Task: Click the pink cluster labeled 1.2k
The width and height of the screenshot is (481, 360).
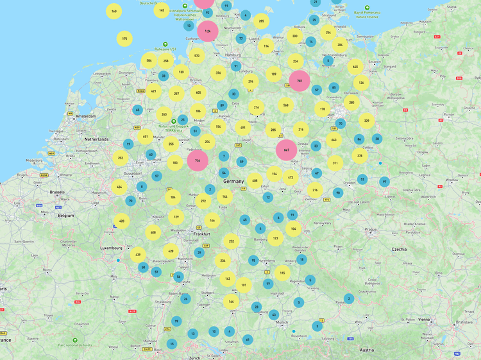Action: (207, 30)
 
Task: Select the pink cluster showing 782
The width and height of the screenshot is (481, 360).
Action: (300, 81)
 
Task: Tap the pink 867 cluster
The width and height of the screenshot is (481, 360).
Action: (287, 150)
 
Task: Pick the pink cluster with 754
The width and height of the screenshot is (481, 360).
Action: (198, 160)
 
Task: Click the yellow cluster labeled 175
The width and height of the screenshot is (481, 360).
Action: (124, 39)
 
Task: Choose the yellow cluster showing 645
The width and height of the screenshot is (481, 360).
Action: (355, 66)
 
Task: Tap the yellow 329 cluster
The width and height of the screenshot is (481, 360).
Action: (366, 120)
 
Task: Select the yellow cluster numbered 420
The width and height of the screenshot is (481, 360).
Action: (121, 221)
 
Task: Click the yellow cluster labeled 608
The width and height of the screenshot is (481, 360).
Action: (153, 232)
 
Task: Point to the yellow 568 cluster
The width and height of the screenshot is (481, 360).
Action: (285, 105)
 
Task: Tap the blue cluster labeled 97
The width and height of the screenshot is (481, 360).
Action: (384, 182)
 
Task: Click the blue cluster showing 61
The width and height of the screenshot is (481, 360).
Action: (248, 339)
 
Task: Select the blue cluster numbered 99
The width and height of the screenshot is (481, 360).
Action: (176, 321)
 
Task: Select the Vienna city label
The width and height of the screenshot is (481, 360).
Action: (425, 319)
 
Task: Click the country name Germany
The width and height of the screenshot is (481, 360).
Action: (234, 182)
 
